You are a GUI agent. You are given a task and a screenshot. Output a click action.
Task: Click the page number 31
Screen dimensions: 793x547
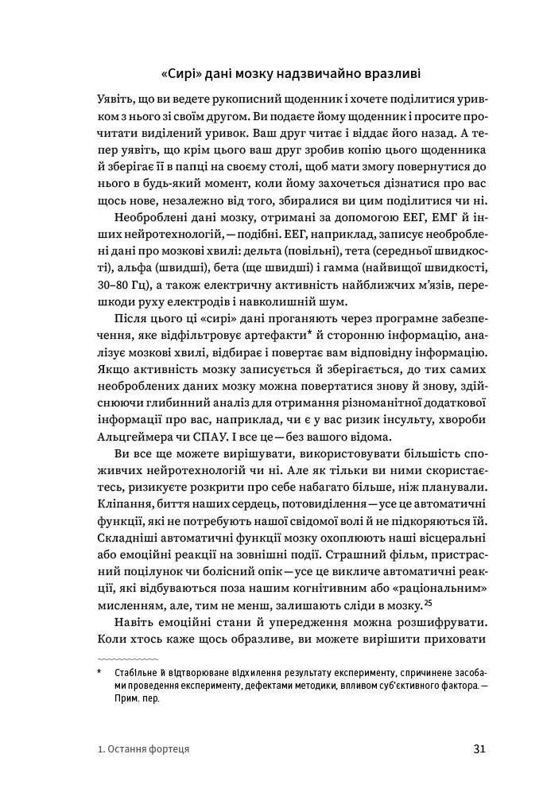tap(479, 749)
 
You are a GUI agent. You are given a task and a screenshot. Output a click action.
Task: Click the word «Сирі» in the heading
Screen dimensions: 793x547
tap(181, 75)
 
